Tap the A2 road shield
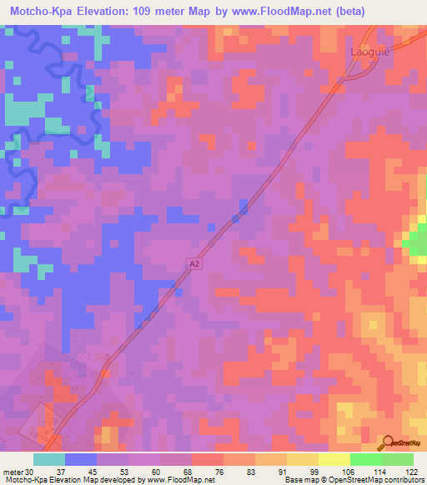(x=193, y=264)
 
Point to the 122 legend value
(x=409, y=471)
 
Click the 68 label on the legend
(x=174, y=471)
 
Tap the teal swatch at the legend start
(x=49, y=459)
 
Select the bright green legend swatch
(x=365, y=459)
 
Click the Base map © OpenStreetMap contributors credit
(x=354, y=480)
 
